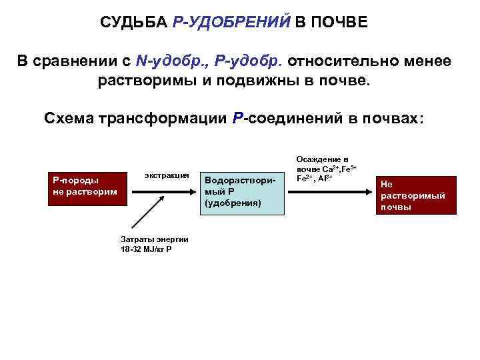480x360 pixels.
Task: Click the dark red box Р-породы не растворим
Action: (84, 185)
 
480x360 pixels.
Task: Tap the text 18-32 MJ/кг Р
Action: (145, 249)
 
